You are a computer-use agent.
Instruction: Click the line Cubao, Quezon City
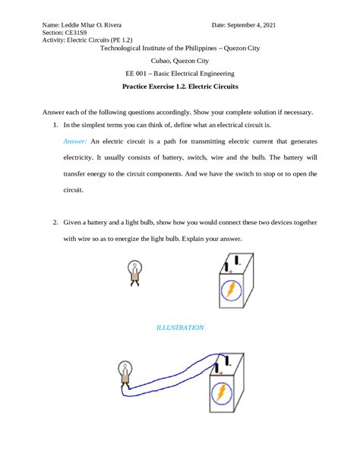179,61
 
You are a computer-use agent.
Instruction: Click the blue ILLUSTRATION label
179,328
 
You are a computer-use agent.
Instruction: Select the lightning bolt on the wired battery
222,393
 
